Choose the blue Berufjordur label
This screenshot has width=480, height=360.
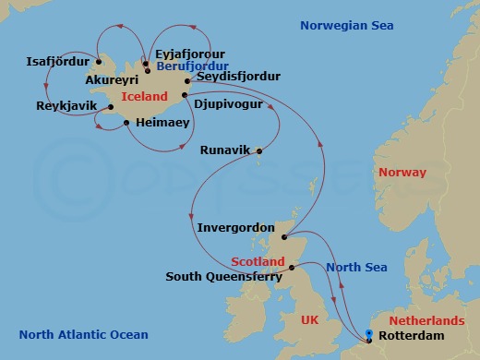(x=191, y=66)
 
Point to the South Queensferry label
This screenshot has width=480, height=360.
(x=224, y=275)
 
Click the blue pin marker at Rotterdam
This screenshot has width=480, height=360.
(x=369, y=333)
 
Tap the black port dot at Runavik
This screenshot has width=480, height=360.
(x=259, y=152)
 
